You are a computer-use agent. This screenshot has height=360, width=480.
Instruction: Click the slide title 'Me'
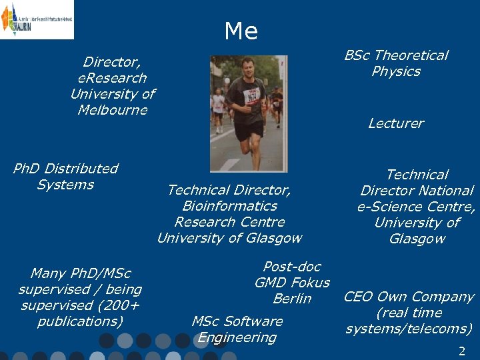click(241, 31)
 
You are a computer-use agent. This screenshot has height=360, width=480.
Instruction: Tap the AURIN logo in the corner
click(37, 19)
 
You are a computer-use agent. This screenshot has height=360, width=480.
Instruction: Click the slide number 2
click(461, 351)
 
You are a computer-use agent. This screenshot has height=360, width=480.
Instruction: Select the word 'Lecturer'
click(396, 123)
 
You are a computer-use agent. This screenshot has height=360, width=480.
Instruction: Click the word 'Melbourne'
click(112, 110)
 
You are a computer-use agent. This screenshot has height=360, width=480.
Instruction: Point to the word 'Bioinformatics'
click(229, 206)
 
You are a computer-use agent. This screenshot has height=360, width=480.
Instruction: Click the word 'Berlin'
click(292, 299)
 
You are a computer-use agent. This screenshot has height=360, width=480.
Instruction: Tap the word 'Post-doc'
click(292, 267)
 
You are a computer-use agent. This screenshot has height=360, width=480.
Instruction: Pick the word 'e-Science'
click(388, 207)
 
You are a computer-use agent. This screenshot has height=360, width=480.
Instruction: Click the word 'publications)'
click(80, 322)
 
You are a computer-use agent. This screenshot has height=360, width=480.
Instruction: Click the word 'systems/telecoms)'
click(409, 329)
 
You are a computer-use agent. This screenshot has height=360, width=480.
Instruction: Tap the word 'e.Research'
click(108, 78)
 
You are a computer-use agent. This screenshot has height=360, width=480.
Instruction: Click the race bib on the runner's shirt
click(252, 95)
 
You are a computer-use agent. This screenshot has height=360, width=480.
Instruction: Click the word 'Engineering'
click(237, 337)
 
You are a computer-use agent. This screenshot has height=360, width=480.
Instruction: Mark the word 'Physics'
click(396, 71)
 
